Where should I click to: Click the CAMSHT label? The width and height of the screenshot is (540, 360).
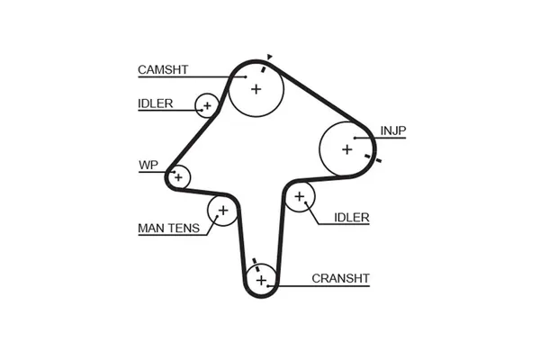tap(163, 70)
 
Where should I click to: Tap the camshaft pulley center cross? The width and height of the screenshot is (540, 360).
tap(256, 88)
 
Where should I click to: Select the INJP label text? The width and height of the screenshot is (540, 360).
tap(393, 130)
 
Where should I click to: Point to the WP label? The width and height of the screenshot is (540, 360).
tap(148, 165)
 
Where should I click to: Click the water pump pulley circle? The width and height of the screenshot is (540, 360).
tap(178, 177)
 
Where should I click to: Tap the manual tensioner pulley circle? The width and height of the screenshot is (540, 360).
tap(221, 211)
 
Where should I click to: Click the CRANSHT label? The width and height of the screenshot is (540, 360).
tap(340, 277)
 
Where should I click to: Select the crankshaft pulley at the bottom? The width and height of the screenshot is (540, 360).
tap(261, 281)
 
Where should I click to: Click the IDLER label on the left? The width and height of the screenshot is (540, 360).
tap(156, 103)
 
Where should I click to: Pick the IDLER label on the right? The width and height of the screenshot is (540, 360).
tap(352, 218)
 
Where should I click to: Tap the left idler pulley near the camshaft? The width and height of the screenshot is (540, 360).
tap(208, 105)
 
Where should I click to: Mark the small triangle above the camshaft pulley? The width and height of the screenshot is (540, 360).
tap(270, 58)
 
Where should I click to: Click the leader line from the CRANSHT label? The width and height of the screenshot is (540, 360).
tap(293, 285)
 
